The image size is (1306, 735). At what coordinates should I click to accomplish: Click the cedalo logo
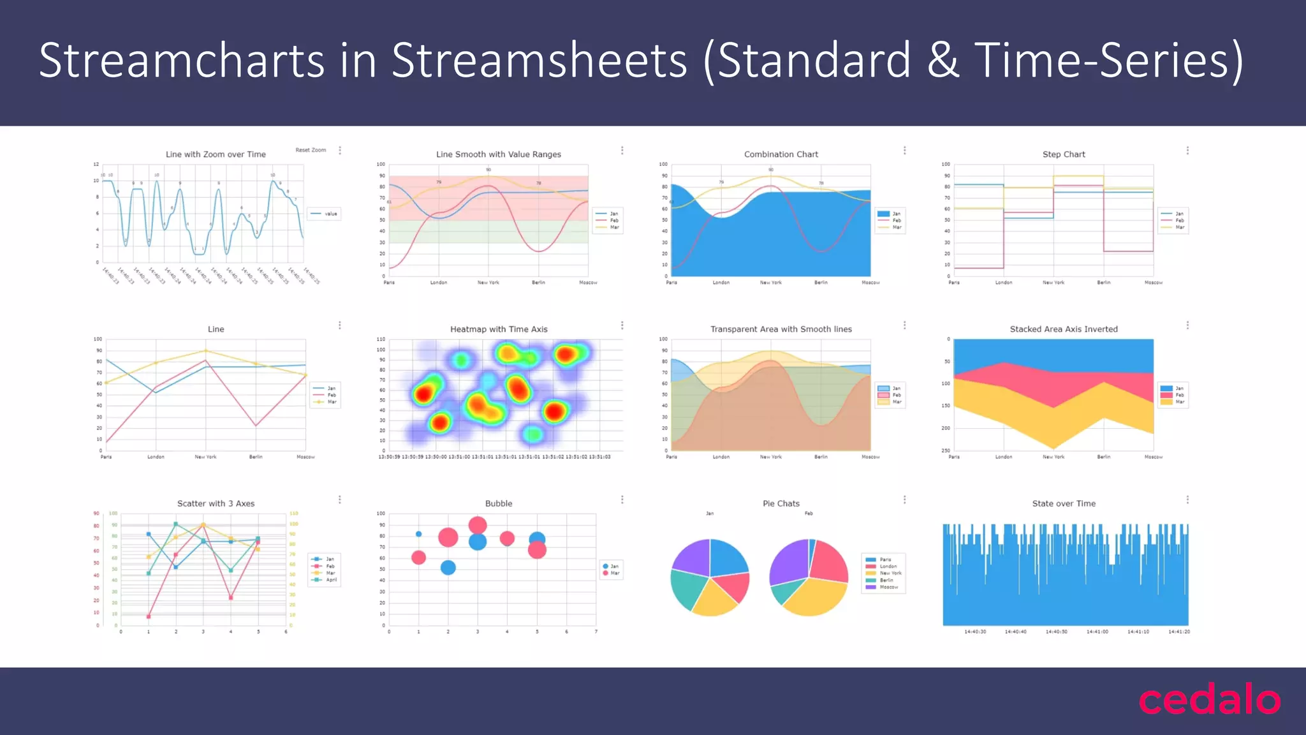(x=1209, y=700)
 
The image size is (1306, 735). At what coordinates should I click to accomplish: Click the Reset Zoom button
(x=311, y=150)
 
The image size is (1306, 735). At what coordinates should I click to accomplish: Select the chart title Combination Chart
(x=781, y=154)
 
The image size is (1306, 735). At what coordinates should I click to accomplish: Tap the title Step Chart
(x=1063, y=154)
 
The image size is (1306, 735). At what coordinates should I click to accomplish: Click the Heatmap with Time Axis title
(x=499, y=329)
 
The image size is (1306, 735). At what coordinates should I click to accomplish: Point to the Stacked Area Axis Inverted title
(x=1063, y=329)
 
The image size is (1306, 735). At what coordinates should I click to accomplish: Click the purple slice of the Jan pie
(x=691, y=558)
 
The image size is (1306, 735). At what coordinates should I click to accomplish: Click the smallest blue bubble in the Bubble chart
(x=418, y=534)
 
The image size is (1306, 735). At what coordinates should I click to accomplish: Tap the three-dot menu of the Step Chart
(x=1187, y=151)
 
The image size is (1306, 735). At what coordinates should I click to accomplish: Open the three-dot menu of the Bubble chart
(x=622, y=500)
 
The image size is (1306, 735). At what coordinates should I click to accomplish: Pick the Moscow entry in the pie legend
(x=888, y=587)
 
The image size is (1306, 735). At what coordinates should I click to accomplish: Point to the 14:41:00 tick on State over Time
(x=1097, y=632)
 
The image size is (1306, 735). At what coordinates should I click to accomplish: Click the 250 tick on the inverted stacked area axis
(x=946, y=450)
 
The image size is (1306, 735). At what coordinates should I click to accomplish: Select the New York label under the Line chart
(x=205, y=457)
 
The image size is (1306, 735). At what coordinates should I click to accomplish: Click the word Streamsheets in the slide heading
(x=539, y=61)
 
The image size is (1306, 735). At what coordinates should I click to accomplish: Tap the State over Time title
(x=1063, y=503)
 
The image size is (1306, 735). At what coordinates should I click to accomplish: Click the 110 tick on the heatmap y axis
(x=381, y=339)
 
